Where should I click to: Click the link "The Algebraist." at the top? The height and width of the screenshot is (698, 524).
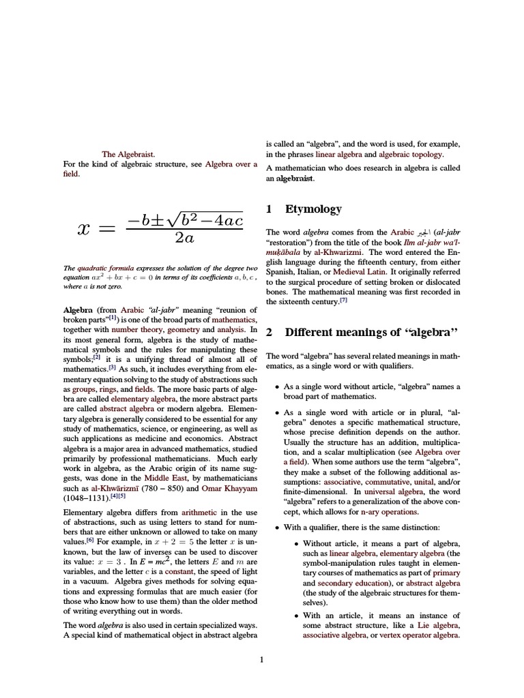(x=128, y=155)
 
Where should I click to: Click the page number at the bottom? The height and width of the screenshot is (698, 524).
(x=262, y=659)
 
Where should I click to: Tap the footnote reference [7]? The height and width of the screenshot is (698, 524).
(x=344, y=300)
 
